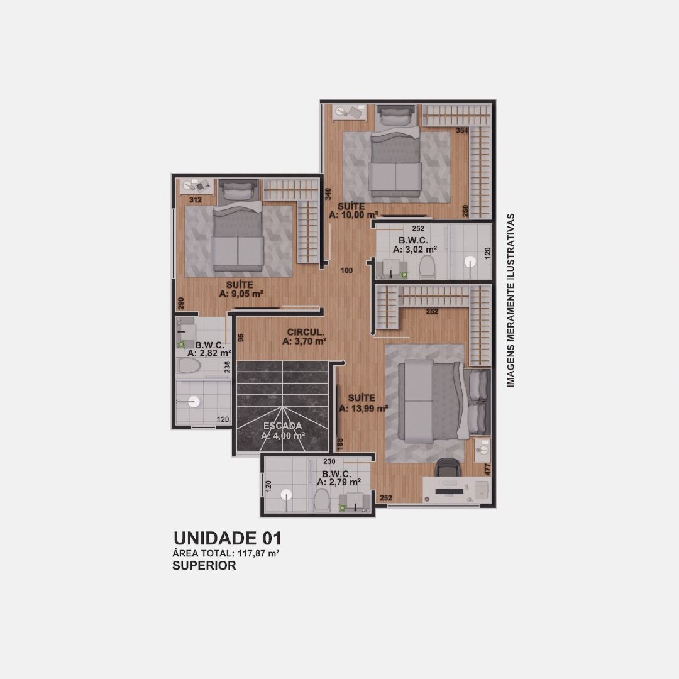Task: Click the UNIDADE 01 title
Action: (228, 538)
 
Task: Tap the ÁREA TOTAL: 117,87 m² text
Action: (226, 553)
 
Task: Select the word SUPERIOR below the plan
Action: (204, 566)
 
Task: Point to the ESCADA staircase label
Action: (283, 426)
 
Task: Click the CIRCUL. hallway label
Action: (306, 332)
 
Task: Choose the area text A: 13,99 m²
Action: (363, 409)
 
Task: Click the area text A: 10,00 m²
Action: (353, 215)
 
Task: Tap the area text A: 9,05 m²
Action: (241, 294)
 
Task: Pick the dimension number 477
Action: (488, 470)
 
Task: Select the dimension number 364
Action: (462, 130)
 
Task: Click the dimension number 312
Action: (196, 200)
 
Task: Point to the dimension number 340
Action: (328, 194)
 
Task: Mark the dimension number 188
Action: (340, 444)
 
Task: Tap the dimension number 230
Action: (329, 461)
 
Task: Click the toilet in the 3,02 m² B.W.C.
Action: (427, 266)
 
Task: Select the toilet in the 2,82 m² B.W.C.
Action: (188, 367)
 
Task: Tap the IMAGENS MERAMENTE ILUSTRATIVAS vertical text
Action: (511, 300)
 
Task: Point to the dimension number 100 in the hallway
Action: (346, 270)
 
